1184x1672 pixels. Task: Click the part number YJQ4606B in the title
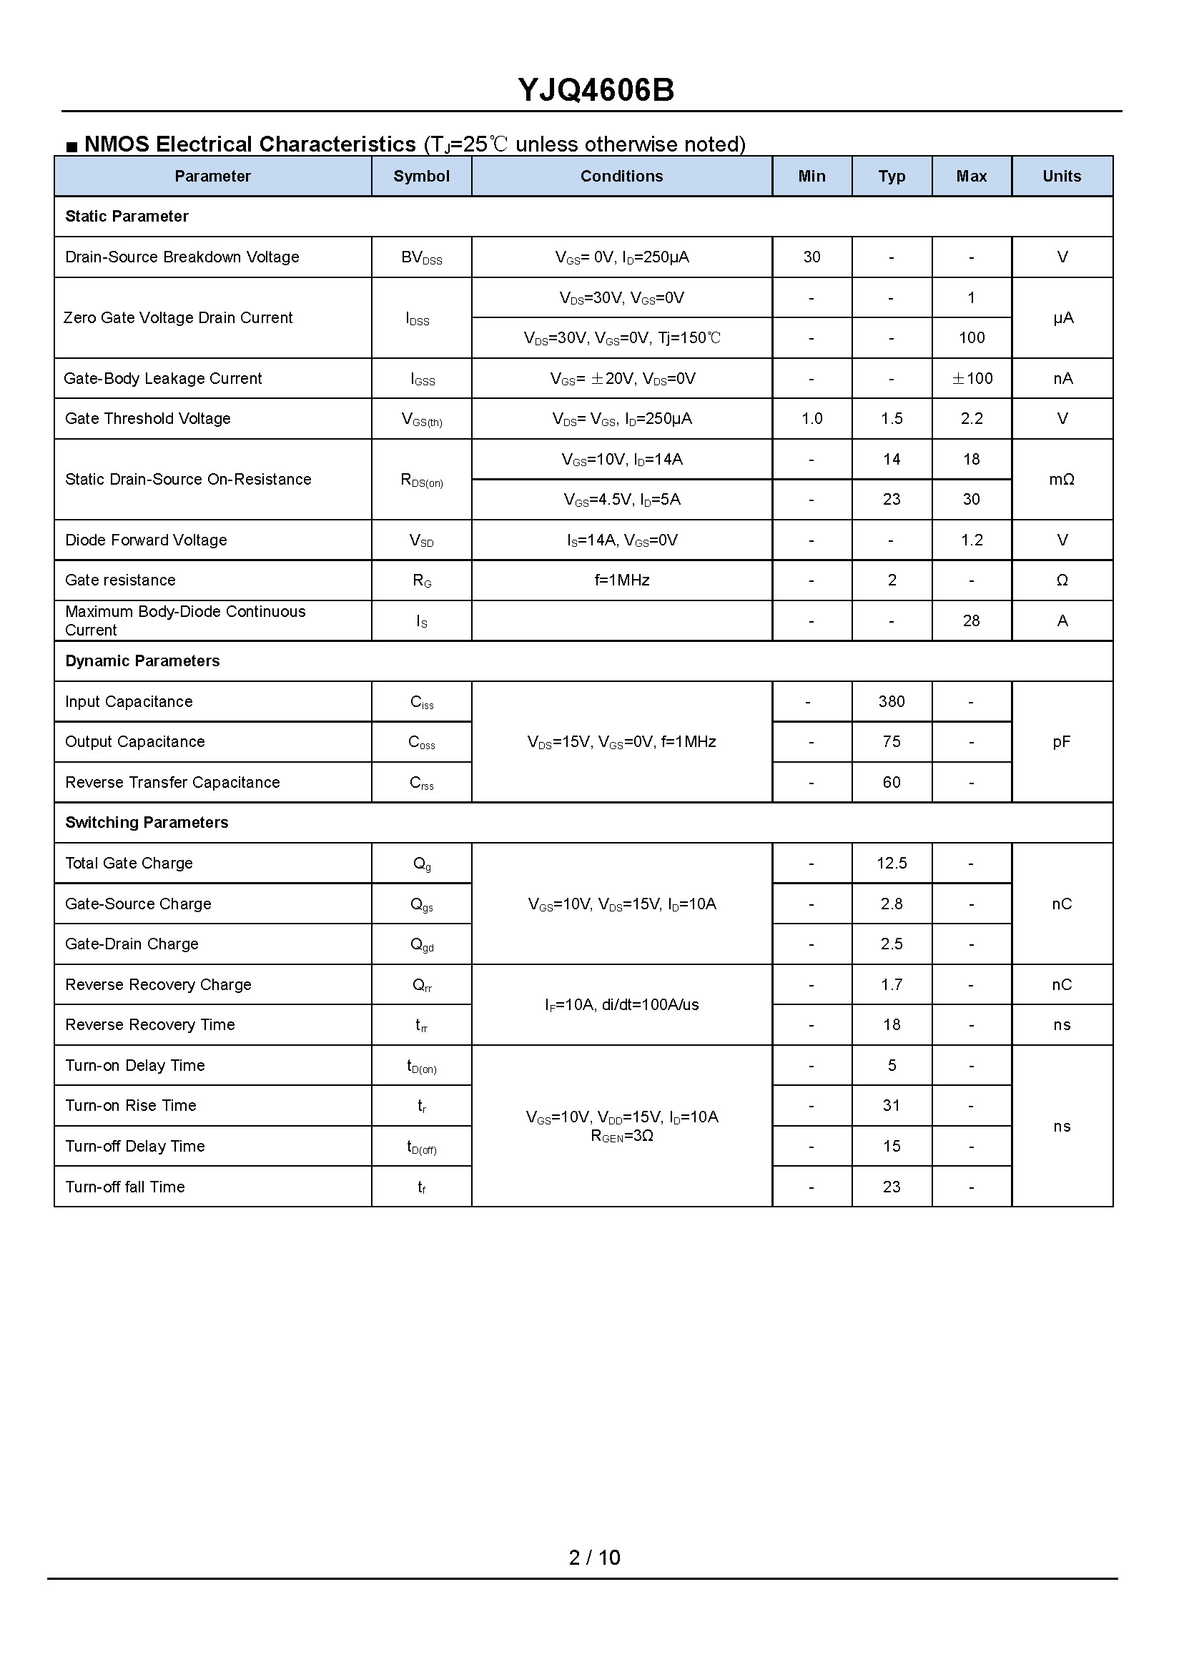pos(596,90)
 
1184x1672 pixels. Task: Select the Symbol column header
pos(421,177)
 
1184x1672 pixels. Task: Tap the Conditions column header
pos(621,177)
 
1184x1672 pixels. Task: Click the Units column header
pos(1062,177)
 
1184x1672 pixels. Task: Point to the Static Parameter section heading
pos(127,217)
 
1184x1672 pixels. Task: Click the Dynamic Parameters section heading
pos(142,661)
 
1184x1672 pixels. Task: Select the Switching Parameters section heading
pos(147,823)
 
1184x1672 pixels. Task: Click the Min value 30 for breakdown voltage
pos(811,257)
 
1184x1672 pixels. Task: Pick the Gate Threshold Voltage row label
pos(148,419)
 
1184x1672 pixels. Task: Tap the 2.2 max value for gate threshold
pos(971,419)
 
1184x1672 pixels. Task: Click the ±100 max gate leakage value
pos(972,379)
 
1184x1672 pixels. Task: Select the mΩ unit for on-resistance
pos(1062,480)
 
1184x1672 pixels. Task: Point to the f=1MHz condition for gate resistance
pos(621,581)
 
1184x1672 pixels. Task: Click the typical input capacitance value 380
pos(891,702)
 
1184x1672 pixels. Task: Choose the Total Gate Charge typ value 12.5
pos(891,864)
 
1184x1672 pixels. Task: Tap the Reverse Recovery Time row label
pos(150,1026)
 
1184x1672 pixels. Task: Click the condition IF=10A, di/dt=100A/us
pos(621,1005)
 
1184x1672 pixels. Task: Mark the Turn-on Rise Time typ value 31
pos(891,1106)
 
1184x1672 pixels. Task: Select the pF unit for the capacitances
pos(1062,742)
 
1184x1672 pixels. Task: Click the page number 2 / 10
pos(594,1558)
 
